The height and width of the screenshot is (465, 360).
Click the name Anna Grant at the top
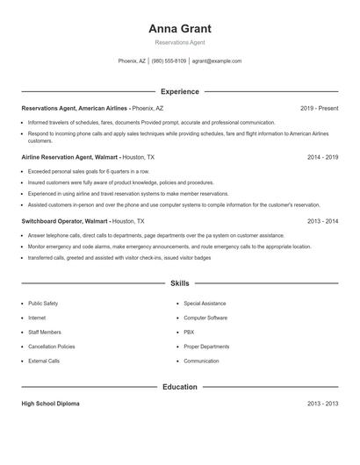pos(180,28)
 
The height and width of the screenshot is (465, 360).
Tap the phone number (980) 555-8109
pos(169,61)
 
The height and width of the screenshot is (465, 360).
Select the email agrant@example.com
pos(216,61)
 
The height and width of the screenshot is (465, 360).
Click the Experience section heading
pos(180,91)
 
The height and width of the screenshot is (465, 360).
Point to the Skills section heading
pos(180,284)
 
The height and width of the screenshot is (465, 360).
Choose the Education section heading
pos(180,387)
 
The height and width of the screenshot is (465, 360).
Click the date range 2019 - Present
pos(319,108)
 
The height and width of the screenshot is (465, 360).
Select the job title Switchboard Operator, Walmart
pos(65,222)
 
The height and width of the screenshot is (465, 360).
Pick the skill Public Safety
pos(43,303)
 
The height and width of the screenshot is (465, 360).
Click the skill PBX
pos(189,332)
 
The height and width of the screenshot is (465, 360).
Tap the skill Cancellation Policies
pos(52,347)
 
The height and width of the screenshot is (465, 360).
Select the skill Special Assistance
pos(205,303)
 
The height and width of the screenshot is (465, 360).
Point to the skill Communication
pos(201,361)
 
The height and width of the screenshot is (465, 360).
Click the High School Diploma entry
pos(50,404)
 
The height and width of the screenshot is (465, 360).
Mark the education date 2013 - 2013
pos(322,404)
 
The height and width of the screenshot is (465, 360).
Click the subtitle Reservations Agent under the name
pos(180,42)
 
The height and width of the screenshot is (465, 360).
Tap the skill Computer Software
pos(205,318)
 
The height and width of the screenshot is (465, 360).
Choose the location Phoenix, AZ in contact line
pos(133,61)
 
